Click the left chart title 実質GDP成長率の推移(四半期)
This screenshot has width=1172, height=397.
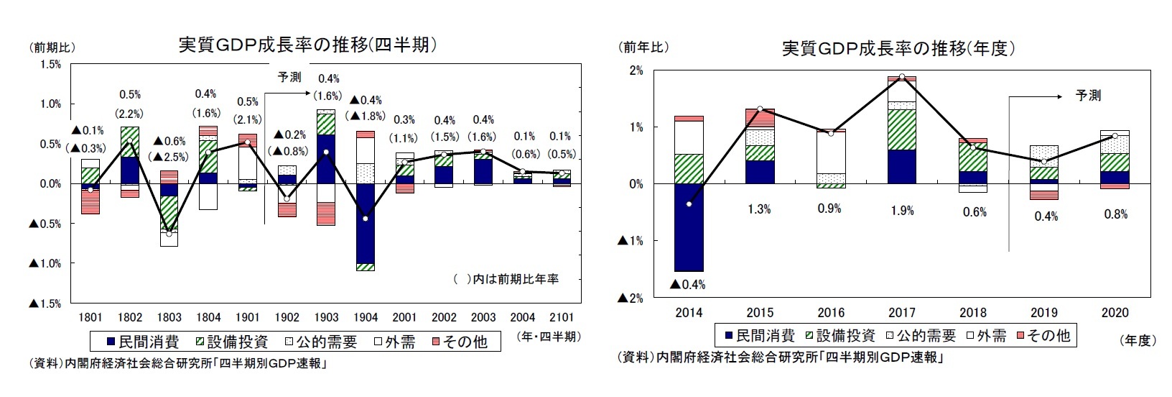(308, 45)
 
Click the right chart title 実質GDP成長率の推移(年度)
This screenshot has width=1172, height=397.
(898, 48)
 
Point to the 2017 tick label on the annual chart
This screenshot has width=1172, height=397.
(901, 313)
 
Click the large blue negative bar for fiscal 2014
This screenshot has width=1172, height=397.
(689, 227)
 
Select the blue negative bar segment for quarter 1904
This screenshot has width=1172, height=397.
(365, 223)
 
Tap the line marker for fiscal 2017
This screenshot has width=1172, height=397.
(902, 77)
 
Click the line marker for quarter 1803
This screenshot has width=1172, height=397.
(169, 234)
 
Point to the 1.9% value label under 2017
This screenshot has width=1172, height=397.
(901, 211)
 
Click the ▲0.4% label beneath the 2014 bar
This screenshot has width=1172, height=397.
(687, 285)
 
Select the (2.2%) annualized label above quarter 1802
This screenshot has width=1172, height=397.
(130, 113)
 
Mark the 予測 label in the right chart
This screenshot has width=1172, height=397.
(1088, 96)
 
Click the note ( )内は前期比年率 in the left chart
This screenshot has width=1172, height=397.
(507, 279)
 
